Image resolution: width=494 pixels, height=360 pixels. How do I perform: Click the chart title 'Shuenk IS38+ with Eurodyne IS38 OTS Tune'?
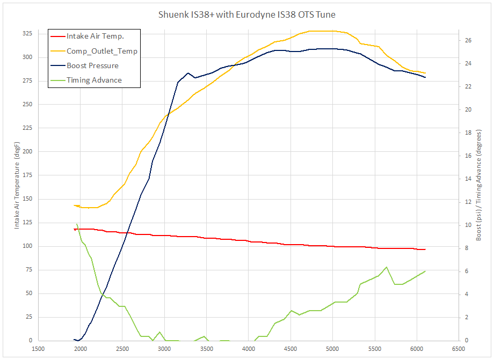tap(247, 14)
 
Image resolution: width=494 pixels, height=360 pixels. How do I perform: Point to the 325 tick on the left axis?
tap(26, 33)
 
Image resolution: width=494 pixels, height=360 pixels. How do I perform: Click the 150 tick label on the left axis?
tap(26, 199)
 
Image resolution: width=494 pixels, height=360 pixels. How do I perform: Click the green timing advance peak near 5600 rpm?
tap(386, 267)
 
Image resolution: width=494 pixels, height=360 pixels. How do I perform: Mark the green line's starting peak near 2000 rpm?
tap(77, 224)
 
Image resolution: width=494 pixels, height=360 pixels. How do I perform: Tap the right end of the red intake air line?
tap(425, 249)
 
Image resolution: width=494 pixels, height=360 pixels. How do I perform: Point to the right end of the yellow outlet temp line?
tap(425, 73)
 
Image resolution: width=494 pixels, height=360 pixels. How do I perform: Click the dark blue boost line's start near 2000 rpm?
tap(74, 340)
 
